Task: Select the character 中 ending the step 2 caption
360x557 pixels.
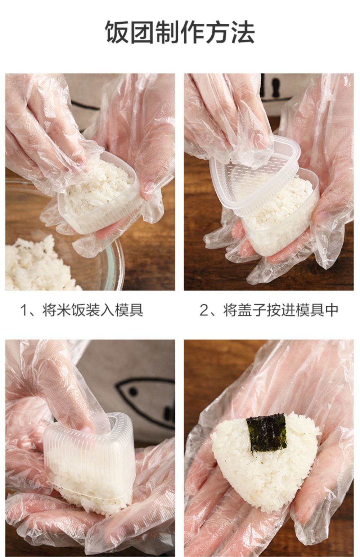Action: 332,310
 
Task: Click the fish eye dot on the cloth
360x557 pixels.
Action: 133,392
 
